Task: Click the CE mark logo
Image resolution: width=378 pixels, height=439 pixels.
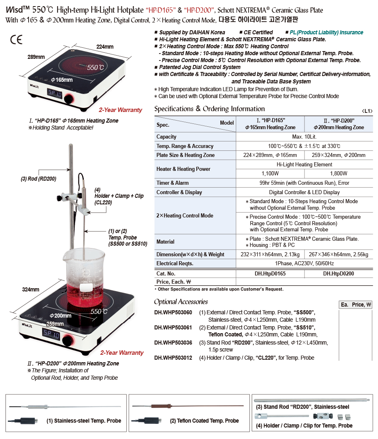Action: (x=16, y=40)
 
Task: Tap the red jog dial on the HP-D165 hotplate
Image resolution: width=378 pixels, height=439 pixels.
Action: (x=69, y=99)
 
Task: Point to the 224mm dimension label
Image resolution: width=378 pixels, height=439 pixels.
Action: (x=105, y=47)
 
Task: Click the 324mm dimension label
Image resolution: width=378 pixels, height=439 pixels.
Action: (x=31, y=289)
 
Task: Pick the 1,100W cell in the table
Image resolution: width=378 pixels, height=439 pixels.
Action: (x=270, y=174)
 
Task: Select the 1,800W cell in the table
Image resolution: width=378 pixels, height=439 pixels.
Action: (x=338, y=174)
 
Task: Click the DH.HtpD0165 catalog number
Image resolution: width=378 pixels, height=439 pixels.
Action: (x=270, y=273)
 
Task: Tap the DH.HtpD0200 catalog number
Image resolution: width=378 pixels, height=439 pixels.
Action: (x=338, y=273)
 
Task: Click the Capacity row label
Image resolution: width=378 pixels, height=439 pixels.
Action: (x=166, y=137)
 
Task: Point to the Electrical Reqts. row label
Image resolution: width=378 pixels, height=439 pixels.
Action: (x=175, y=264)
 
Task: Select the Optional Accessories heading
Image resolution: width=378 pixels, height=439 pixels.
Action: (x=181, y=302)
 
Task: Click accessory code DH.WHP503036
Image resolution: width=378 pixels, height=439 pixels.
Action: (x=173, y=343)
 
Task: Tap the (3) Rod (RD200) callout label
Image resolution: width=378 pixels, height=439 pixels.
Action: (x=38, y=179)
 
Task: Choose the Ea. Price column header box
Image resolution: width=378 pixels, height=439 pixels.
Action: (x=356, y=305)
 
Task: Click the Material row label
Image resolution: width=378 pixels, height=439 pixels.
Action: (x=166, y=242)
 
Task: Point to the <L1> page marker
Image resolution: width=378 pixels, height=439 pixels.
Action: (x=367, y=111)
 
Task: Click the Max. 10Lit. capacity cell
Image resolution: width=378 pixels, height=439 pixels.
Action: (x=304, y=137)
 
